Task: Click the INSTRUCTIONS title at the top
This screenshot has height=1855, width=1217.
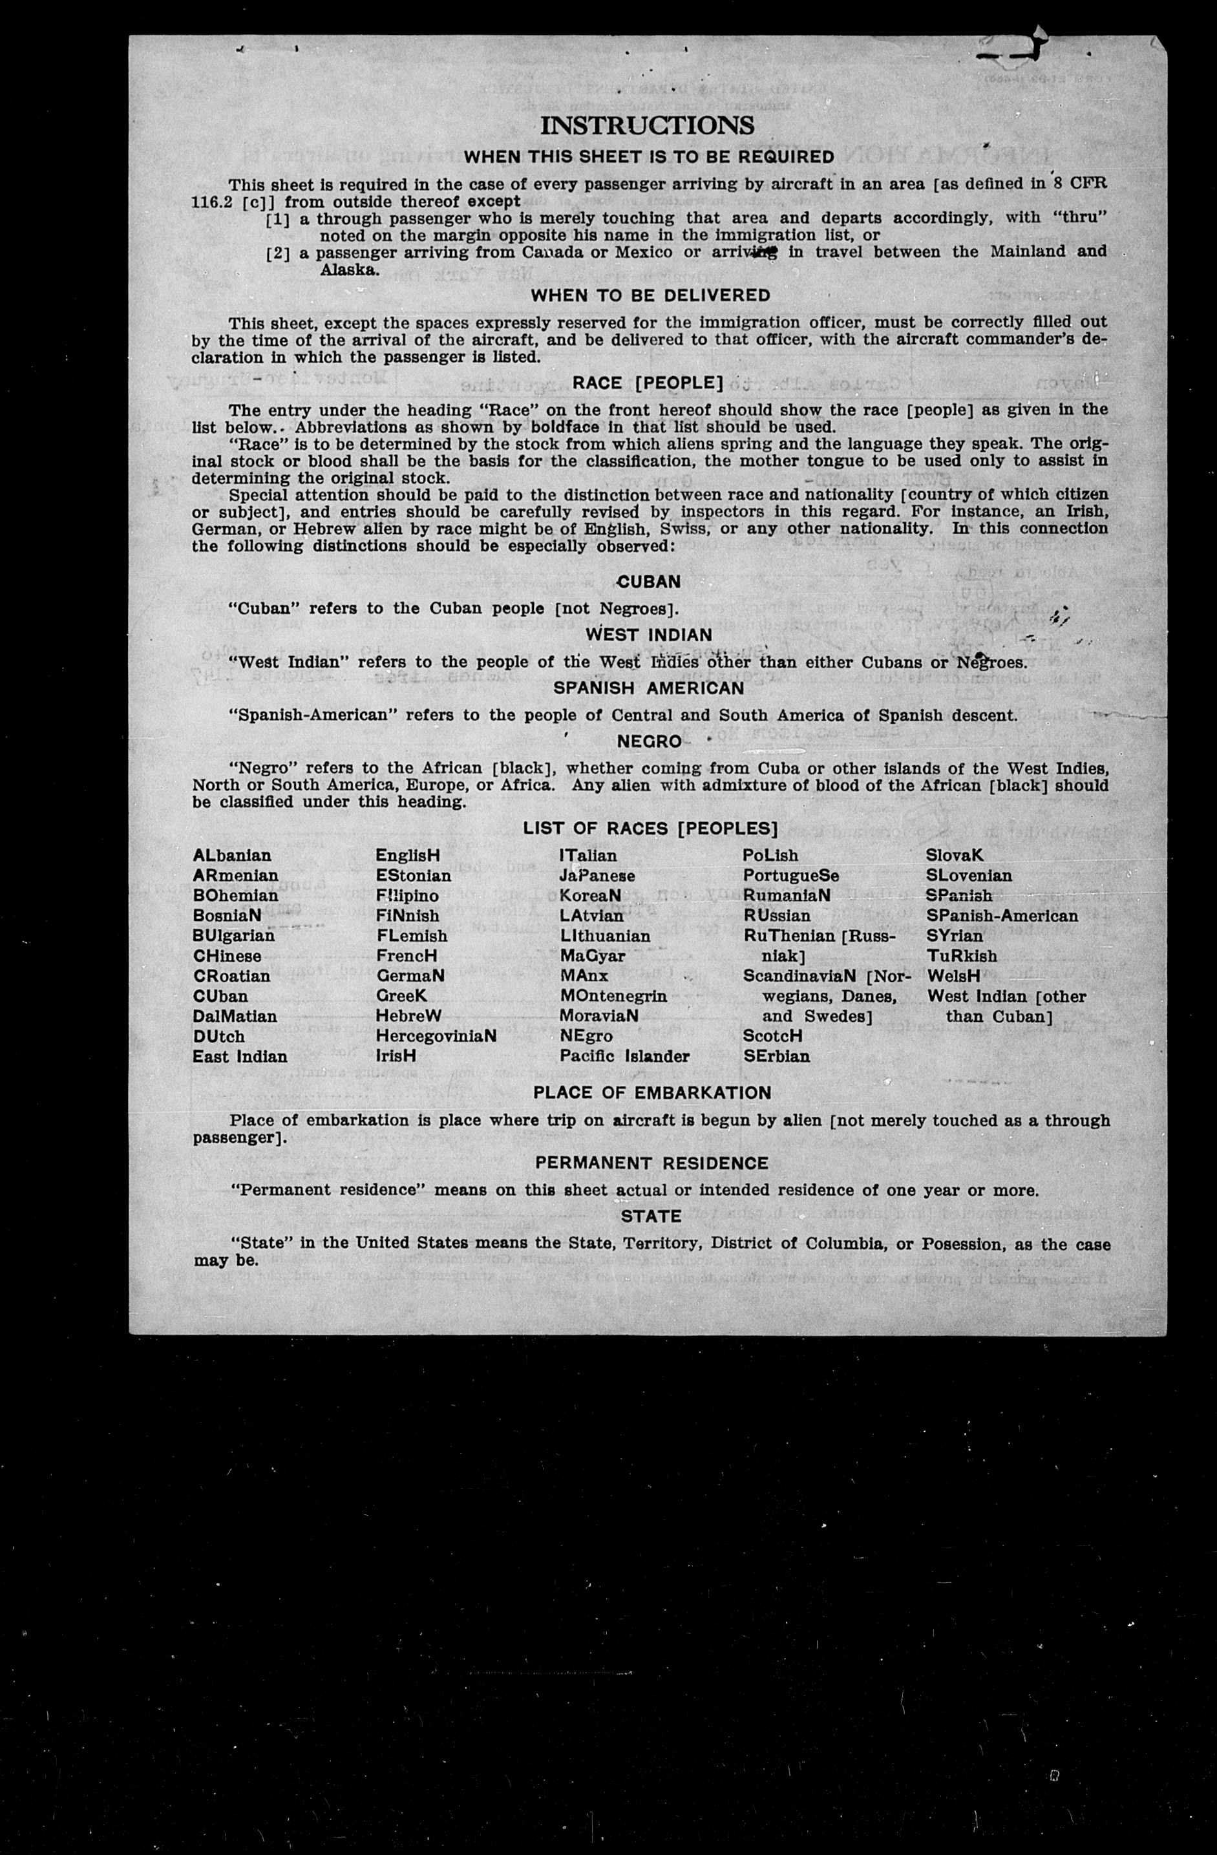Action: (648, 125)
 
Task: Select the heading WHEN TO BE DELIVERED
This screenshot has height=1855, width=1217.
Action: (651, 295)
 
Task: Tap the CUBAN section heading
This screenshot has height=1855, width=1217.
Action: (648, 582)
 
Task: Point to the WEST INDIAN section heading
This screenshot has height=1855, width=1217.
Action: (649, 635)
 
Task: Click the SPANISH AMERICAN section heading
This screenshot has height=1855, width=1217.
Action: (649, 688)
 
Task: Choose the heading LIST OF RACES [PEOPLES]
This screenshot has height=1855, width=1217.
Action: (651, 829)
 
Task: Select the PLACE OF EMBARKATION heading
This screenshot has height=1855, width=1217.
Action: (652, 1093)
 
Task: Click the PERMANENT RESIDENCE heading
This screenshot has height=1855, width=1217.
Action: (651, 1163)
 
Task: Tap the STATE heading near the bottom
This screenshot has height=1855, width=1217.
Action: (651, 1216)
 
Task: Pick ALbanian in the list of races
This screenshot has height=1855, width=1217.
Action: (232, 855)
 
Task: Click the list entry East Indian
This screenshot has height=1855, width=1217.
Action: (240, 1057)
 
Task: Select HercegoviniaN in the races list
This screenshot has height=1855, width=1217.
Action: (436, 1037)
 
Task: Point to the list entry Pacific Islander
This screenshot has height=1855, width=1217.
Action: (624, 1057)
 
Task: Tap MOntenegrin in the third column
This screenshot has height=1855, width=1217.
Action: (613, 996)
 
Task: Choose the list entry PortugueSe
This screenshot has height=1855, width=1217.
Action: (791, 875)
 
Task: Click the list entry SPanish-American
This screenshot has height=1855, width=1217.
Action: (1002, 916)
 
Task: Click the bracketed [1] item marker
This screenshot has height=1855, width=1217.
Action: (278, 219)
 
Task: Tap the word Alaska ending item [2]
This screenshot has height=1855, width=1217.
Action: (348, 270)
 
